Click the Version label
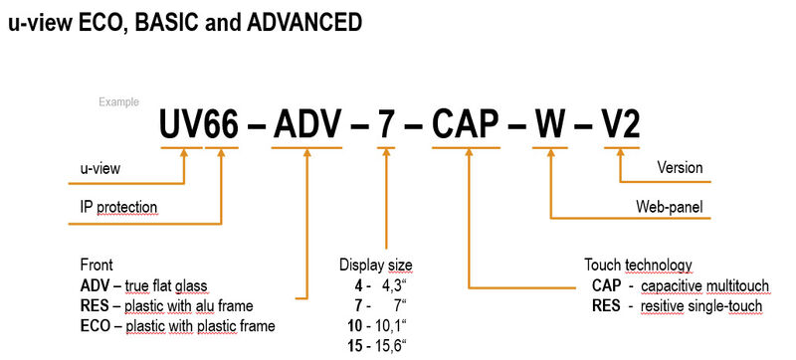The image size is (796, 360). coord(680,168)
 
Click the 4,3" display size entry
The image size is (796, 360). coord(375,285)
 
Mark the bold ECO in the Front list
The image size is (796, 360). coord(96,325)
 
